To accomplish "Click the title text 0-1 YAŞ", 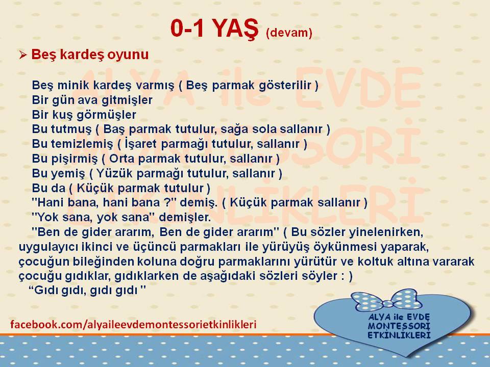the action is click(x=215, y=29).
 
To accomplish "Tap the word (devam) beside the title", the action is click(x=289, y=32).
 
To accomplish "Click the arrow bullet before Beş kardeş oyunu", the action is click(x=23, y=55).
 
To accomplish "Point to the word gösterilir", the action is click(x=285, y=85).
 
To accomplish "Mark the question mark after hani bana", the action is click(x=166, y=202).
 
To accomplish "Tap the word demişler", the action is click(x=185, y=217).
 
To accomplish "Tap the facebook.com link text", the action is click(x=133, y=325).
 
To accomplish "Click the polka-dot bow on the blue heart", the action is click(x=386, y=301).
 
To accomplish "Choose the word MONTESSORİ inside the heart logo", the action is click(x=399, y=326).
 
